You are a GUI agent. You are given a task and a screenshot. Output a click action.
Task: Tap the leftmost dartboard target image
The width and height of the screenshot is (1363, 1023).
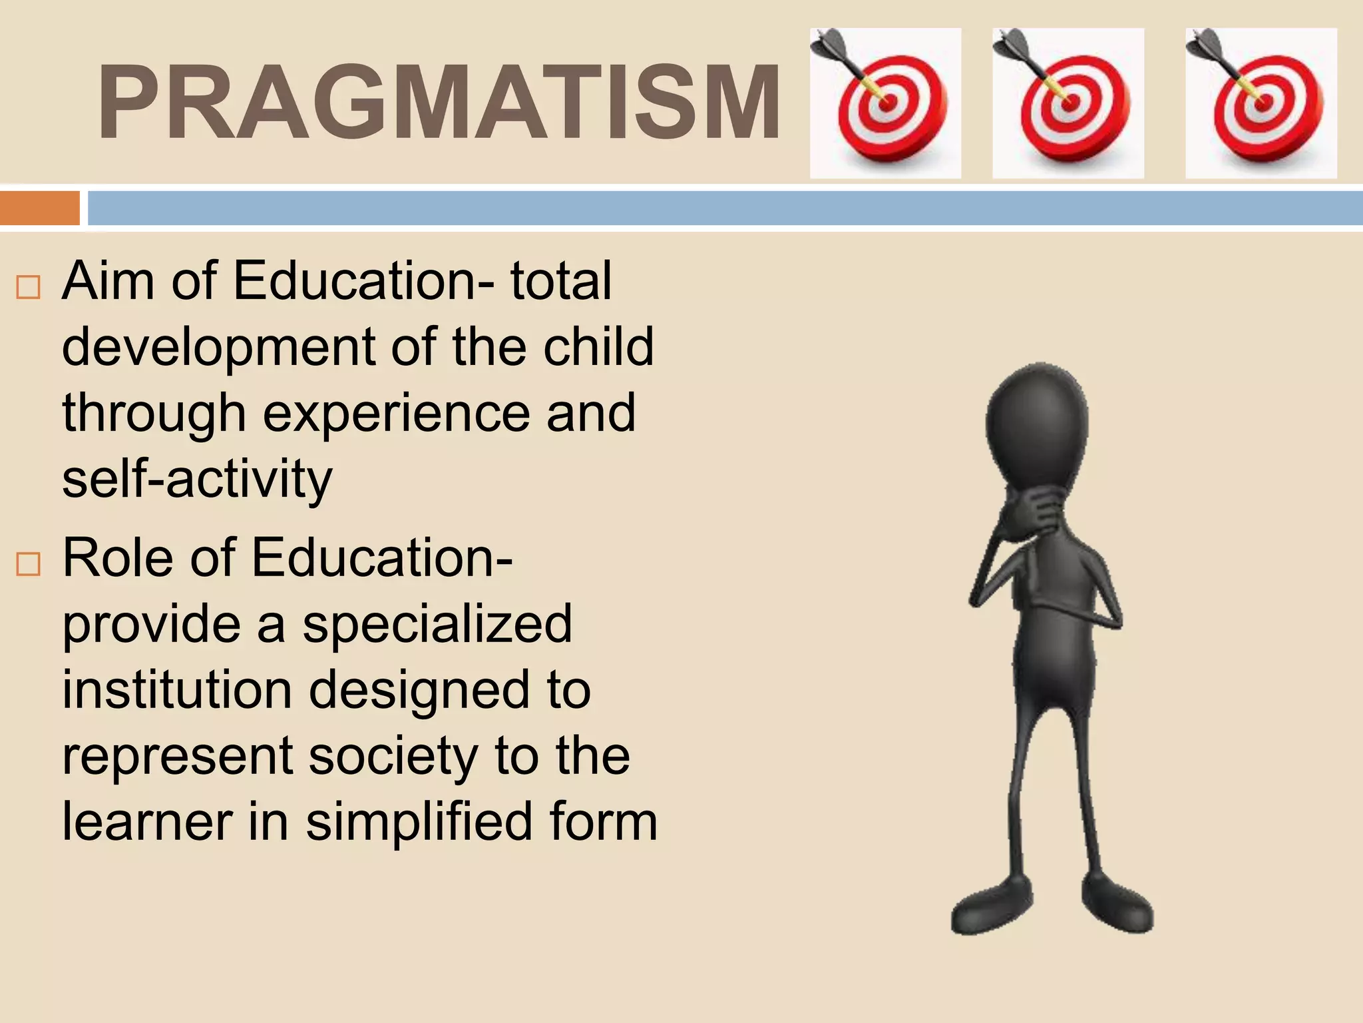tap(885, 103)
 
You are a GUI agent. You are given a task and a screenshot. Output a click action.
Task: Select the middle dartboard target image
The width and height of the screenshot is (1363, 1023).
tap(1068, 103)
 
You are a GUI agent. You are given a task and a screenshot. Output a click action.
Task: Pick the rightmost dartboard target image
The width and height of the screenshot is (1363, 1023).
tap(1261, 103)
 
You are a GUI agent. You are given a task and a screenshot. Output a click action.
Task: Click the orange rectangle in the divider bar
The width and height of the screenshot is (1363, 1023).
tap(40, 208)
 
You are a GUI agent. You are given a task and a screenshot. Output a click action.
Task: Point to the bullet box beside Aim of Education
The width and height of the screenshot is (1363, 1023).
tap(29, 287)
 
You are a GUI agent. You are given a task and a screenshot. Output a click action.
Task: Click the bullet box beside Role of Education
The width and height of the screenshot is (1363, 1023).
tap(29, 564)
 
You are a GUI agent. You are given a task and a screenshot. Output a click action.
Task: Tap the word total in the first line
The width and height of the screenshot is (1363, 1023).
tap(560, 281)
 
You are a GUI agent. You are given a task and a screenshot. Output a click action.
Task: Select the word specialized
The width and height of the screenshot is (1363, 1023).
tap(437, 625)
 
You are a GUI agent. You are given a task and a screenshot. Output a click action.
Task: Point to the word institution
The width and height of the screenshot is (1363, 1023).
tap(177, 690)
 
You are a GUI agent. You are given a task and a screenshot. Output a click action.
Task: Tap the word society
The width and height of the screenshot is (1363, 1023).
tap(393, 757)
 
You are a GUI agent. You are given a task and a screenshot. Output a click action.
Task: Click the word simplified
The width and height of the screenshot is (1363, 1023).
tap(419, 822)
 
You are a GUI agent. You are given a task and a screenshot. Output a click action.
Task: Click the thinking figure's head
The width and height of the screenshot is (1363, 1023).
tap(1036, 426)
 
